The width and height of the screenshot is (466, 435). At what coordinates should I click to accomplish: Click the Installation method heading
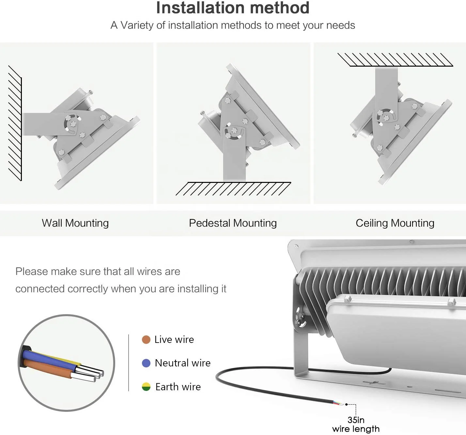(233, 8)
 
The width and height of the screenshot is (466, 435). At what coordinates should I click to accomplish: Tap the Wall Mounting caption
(75, 223)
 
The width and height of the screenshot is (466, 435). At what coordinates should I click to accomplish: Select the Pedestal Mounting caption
(233, 223)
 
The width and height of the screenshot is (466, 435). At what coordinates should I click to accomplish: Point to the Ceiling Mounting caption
(395, 223)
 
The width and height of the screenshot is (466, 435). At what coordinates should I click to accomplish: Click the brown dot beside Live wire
(146, 340)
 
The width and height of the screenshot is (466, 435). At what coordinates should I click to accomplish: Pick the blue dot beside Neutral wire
(146, 363)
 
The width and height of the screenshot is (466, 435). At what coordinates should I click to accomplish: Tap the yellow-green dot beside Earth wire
(146, 387)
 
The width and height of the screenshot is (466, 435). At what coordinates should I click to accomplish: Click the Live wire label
(174, 340)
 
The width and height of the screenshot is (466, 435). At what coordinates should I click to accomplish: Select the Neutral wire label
(182, 363)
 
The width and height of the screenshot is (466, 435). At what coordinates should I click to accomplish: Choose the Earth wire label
(178, 387)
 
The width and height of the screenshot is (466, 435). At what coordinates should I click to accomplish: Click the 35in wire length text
(356, 424)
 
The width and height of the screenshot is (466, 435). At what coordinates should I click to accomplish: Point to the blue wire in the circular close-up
(49, 357)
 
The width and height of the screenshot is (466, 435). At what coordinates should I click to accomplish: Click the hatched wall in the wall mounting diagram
(15, 124)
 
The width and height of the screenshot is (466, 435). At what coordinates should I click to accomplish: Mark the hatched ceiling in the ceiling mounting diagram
(395, 60)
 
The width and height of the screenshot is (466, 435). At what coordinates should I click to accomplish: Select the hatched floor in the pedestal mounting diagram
(233, 189)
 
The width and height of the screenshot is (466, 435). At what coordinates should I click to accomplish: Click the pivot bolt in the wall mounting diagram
(72, 124)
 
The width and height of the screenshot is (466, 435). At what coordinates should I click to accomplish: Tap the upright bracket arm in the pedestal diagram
(234, 160)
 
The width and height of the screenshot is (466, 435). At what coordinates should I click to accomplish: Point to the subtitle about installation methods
(233, 25)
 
